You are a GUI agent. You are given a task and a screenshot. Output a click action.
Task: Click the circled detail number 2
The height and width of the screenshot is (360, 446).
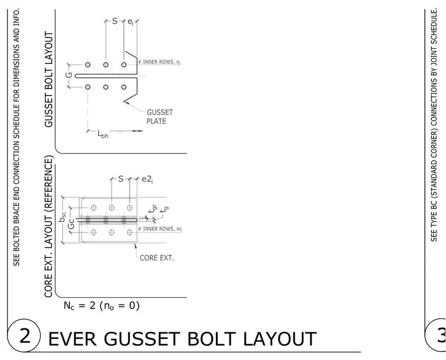click(x=24, y=335)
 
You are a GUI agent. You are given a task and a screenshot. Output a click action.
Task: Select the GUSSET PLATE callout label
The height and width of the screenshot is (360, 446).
click(x=160, y=117)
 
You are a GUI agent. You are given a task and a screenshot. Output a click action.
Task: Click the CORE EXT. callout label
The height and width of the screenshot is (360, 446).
click(x=157, y=258)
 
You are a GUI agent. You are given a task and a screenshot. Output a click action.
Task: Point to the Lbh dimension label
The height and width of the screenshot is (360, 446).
click(x=103, y=134)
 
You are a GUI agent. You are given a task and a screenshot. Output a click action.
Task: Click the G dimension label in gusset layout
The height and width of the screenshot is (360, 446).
click(x=69, y=75)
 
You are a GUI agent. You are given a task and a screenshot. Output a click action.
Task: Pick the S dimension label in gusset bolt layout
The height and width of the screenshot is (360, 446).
click(x=114, y=21)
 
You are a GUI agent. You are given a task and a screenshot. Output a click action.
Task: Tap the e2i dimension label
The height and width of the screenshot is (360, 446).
click(x=147, y=179)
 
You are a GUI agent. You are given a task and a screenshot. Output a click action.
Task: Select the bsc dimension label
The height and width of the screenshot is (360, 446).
click(x=62, y=217)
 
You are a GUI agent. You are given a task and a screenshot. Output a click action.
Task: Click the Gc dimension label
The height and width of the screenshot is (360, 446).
click(x=72, y=223)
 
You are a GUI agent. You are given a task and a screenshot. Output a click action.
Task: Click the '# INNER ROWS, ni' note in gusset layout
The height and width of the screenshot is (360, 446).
click(x=159, y=62)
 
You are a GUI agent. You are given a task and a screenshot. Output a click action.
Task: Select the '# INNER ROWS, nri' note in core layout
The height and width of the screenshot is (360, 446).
click(x=160, y=229)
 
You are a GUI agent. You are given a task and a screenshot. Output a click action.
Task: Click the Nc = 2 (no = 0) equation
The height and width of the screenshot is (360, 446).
click(x=102, y=305)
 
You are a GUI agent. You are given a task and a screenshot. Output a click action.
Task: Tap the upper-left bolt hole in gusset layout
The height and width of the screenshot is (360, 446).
click(x=87, y=64)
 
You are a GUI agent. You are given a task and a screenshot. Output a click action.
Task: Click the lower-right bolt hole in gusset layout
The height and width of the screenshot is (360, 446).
click(x=124, y=87)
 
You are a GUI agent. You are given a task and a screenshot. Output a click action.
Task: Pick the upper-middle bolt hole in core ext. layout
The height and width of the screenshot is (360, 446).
click(x=112, y=208)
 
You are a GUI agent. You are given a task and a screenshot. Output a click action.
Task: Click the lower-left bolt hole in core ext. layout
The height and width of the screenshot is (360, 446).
click(x=93, y=232)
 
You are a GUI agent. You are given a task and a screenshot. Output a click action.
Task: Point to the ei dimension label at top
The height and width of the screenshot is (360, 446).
click(x=130, y=22)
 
